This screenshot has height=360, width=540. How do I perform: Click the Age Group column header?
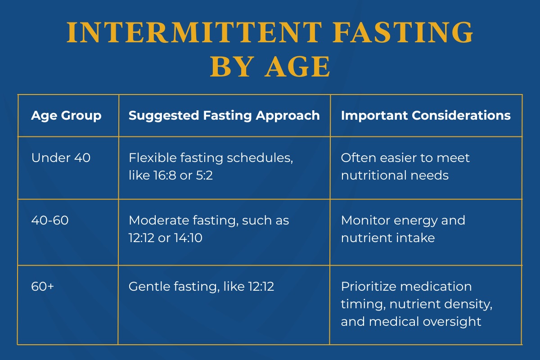pyautogui.click(x=66, y=116)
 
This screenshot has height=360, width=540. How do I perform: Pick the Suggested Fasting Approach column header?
pyautogui.click(x=224, y=116)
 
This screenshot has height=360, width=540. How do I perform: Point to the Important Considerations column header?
pyautogui.click(x=426, y=116)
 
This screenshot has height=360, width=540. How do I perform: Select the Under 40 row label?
pyautogui.click(x=61, y=158)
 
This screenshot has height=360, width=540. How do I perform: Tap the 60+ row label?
pyautogui.click(x=43, y=286)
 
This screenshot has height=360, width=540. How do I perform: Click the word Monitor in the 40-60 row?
pyautogui.click(x=365, y=220)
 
